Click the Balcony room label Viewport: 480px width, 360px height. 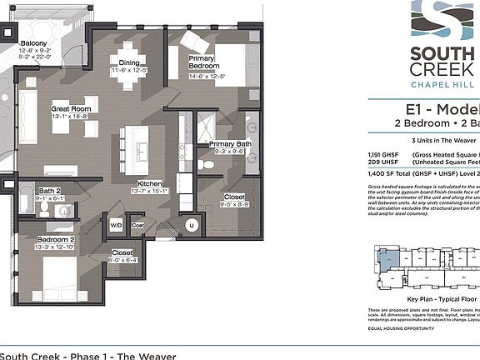click(x=34, y=43)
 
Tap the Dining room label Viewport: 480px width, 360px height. click(x=128, y=62)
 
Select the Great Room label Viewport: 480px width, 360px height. click(x=70, y=108)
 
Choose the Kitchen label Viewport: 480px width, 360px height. click(x=150, y=182)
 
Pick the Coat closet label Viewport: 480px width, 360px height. click(x=137, y=224)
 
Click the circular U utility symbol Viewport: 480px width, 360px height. click(x=191, y=225)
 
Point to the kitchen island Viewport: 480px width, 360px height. click(x=134, y=145)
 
